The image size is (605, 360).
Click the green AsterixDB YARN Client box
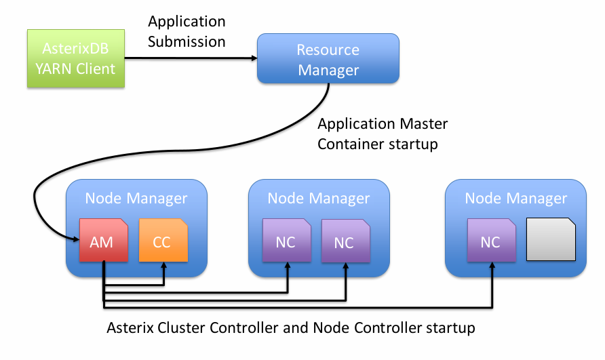pyautogui.click(x=77, y=58)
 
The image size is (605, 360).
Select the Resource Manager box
pyautogui.click(x=328, y=59)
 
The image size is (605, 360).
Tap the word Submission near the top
pyautogui.click(x=187, y=41)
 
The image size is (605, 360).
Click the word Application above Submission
pyautogui.click(x=187, y=21)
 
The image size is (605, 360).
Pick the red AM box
pyautogui.click(x=103, y=241)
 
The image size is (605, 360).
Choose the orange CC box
pyautogui.click(x=163, y=241)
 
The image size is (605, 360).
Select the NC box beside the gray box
pyautogui.click(x=490, y=241)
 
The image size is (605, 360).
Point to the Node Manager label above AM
pyautogui.click(x=136, y=198)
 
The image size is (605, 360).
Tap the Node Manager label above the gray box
pyautogui.click(x=515, y=198)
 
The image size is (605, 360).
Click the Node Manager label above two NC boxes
pyautogui.click(x=319, y=198)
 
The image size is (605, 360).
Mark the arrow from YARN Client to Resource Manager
pyautogui.click(x=197, y=59)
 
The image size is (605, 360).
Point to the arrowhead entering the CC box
pyautogui.click(x=163, y=266)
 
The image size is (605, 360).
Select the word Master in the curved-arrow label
pyautogui.click(x=424, y=125)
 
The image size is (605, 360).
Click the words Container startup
pyautogui.click(x=377, y=144)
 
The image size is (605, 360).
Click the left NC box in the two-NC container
pyautogui.click(x=287, y=241)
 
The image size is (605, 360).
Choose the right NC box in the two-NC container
pyautogui.click(x=345, y=242)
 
